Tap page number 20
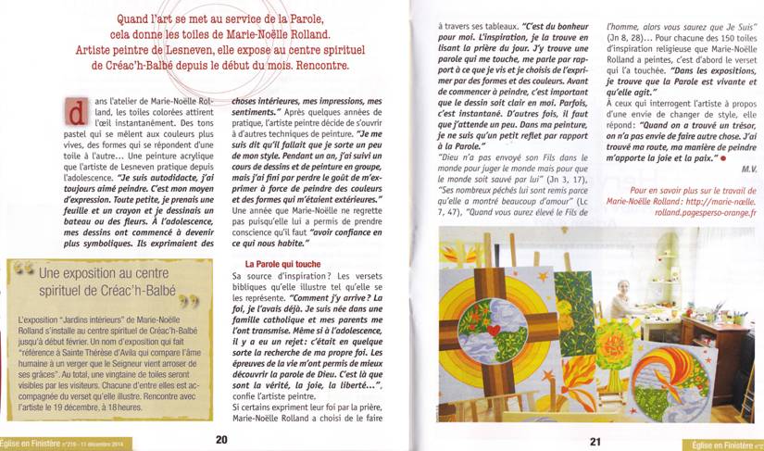coord(221,439)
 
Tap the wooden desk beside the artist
coord(713,333)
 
